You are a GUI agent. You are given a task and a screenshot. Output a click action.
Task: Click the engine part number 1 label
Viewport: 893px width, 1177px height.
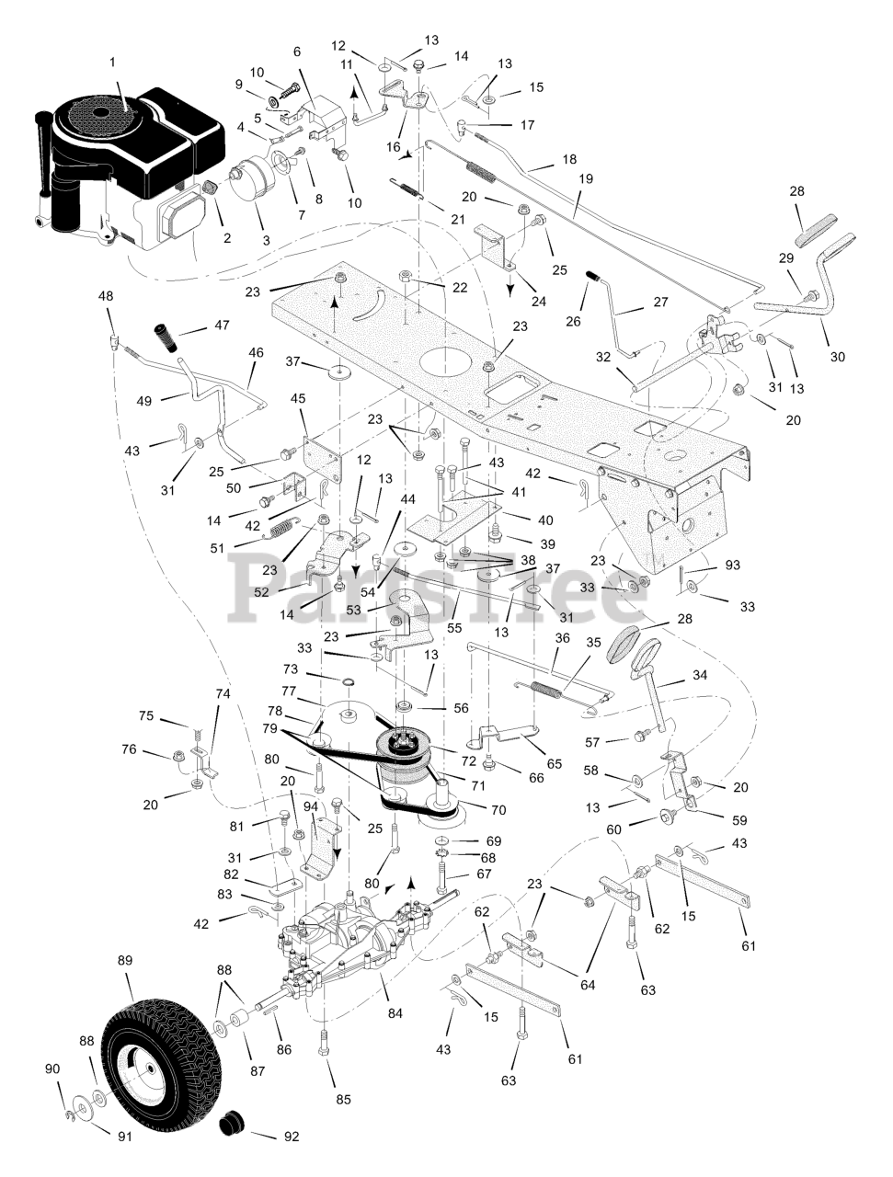[112, 63]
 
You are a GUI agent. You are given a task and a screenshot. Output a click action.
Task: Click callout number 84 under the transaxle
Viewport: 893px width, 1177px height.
[395, 1013]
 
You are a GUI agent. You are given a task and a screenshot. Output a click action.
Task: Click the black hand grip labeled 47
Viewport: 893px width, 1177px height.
[165, 337]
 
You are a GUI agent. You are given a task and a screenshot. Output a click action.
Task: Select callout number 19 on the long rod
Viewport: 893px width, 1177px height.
[586, 178]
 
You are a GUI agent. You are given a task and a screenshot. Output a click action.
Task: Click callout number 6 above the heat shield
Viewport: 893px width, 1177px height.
[297, 51]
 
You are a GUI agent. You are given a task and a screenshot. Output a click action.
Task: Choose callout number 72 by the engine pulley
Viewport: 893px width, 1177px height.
[468, 760]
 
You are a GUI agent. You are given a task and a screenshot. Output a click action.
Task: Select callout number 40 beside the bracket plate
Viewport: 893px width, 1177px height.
[545, 520]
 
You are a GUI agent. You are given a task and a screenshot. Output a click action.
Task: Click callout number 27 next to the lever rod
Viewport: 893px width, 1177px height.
[660, 302]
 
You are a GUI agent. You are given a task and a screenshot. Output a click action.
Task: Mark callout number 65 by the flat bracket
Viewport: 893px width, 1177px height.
[554, 763]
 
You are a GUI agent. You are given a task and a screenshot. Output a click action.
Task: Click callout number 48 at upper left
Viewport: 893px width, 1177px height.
[106, 295]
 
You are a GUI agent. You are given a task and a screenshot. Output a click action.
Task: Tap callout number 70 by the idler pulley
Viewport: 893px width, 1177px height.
[498, 809]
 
